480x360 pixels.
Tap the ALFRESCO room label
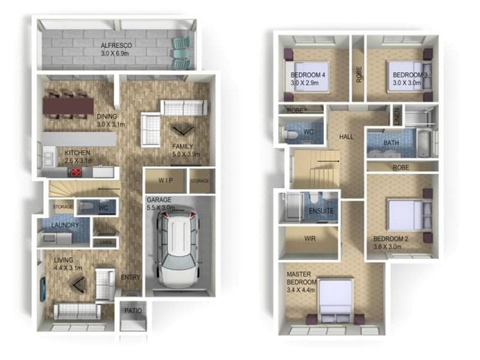(116, 46)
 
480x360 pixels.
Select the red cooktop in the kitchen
(76, 172)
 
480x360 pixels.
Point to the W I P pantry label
(166, 181)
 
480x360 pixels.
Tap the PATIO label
(133, 311)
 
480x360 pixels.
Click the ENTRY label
(130, 277)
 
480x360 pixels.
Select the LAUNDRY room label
(65, 225)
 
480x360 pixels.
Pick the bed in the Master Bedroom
(335, 301)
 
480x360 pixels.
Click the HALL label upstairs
(346, 137)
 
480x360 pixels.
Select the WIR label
(310, 238)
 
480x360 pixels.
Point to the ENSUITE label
(321, 211)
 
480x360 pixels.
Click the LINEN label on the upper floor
(397, 115)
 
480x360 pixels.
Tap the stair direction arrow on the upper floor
(328, 161)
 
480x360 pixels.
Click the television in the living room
(43, 289)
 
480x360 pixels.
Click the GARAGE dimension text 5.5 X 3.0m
(161, 208)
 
